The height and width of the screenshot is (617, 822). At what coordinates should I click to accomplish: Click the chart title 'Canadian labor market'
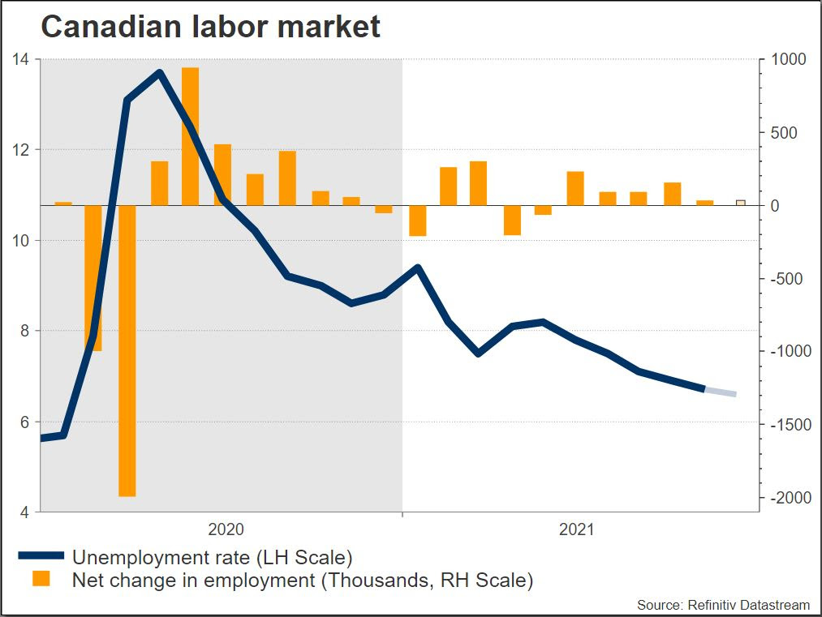pyautogui.click(x=210, y=27)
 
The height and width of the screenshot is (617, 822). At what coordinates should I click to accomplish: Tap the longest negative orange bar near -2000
pyautogui.click(x=127, y=350)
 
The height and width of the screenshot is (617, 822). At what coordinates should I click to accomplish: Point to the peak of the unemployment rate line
pyautogui.click(x=159, y=73)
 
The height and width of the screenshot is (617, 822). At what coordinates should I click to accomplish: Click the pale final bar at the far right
pyautogui.click(x=740, y=203)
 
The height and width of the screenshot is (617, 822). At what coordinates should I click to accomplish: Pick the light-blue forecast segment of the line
pyautogui.click(x=720, y=392)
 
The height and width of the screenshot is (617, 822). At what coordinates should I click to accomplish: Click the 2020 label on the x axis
pyautogui.click(x=226, y=530)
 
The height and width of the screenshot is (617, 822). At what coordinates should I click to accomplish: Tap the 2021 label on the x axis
pyautogui.click(x=577, y=530)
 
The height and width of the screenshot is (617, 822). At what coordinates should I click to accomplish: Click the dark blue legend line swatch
pyautogui.click(x=41, y=556)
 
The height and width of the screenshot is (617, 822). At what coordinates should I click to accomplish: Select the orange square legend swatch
pyautogui.click(x=41, y=579)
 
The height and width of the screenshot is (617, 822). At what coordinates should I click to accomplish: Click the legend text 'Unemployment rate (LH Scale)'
pyautogui.click(x=212, y=557)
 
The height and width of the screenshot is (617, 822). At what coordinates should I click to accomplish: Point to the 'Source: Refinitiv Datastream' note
pyautogui.click(x=723, y=605)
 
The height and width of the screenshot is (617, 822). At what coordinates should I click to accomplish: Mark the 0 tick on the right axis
pyautogui.click(x=776, y=206)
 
